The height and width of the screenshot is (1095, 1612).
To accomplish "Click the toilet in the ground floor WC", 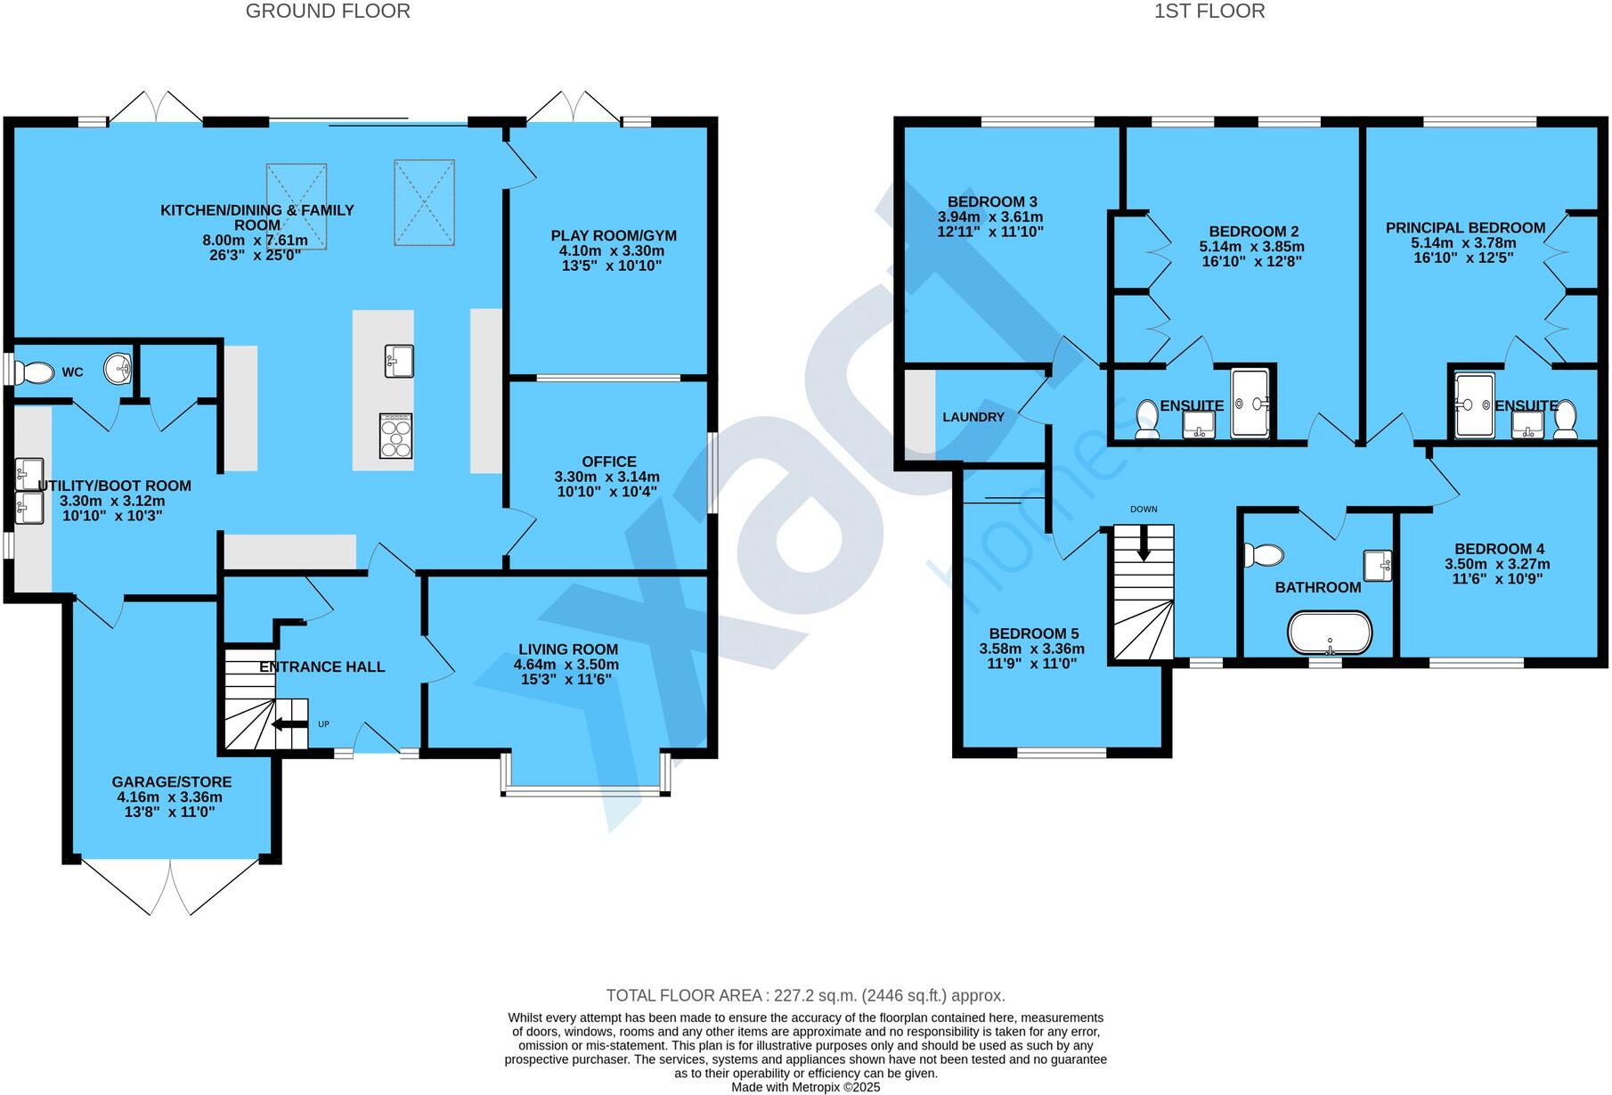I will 34,371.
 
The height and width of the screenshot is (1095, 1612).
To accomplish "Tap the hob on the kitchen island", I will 395,436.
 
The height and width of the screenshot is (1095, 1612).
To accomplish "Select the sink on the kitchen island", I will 398,361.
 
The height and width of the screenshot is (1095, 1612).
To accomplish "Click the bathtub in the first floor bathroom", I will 1330,633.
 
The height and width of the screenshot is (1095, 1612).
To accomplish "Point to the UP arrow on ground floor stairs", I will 289,723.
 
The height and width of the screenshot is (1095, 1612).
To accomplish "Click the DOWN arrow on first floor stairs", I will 1144,543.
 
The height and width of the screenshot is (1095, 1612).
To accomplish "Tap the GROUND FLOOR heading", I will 328,12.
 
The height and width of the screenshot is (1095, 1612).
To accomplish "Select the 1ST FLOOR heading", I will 1209,12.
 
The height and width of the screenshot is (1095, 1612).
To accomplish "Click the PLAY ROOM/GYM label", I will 613,236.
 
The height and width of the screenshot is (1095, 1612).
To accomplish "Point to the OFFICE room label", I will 609,462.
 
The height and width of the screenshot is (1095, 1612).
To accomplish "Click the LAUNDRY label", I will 973,417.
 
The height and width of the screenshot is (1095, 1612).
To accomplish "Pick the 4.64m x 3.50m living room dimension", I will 566,665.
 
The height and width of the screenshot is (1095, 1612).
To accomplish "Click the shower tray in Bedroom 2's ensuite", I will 1252,404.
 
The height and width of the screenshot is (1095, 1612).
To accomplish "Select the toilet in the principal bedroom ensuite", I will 1565,419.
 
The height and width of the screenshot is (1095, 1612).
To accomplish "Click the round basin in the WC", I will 118,367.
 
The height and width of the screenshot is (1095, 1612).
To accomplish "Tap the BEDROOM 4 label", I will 1499,549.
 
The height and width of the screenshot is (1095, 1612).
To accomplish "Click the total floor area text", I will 805,995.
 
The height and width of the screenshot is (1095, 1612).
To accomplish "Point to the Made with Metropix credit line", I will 805,1087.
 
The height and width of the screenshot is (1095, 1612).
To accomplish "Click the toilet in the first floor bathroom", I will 1264,555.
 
